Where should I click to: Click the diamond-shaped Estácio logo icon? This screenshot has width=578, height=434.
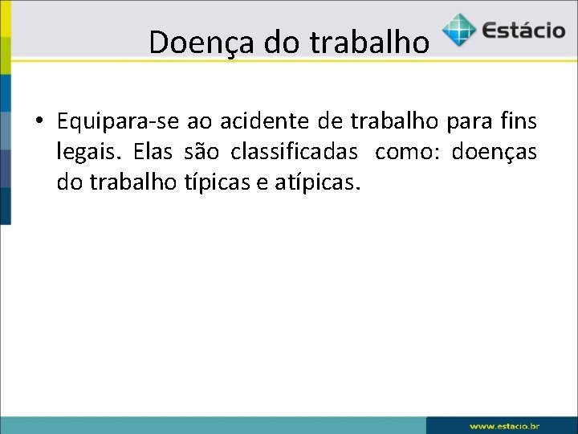point(458,30)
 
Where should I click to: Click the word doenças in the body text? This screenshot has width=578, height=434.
point(495,152)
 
